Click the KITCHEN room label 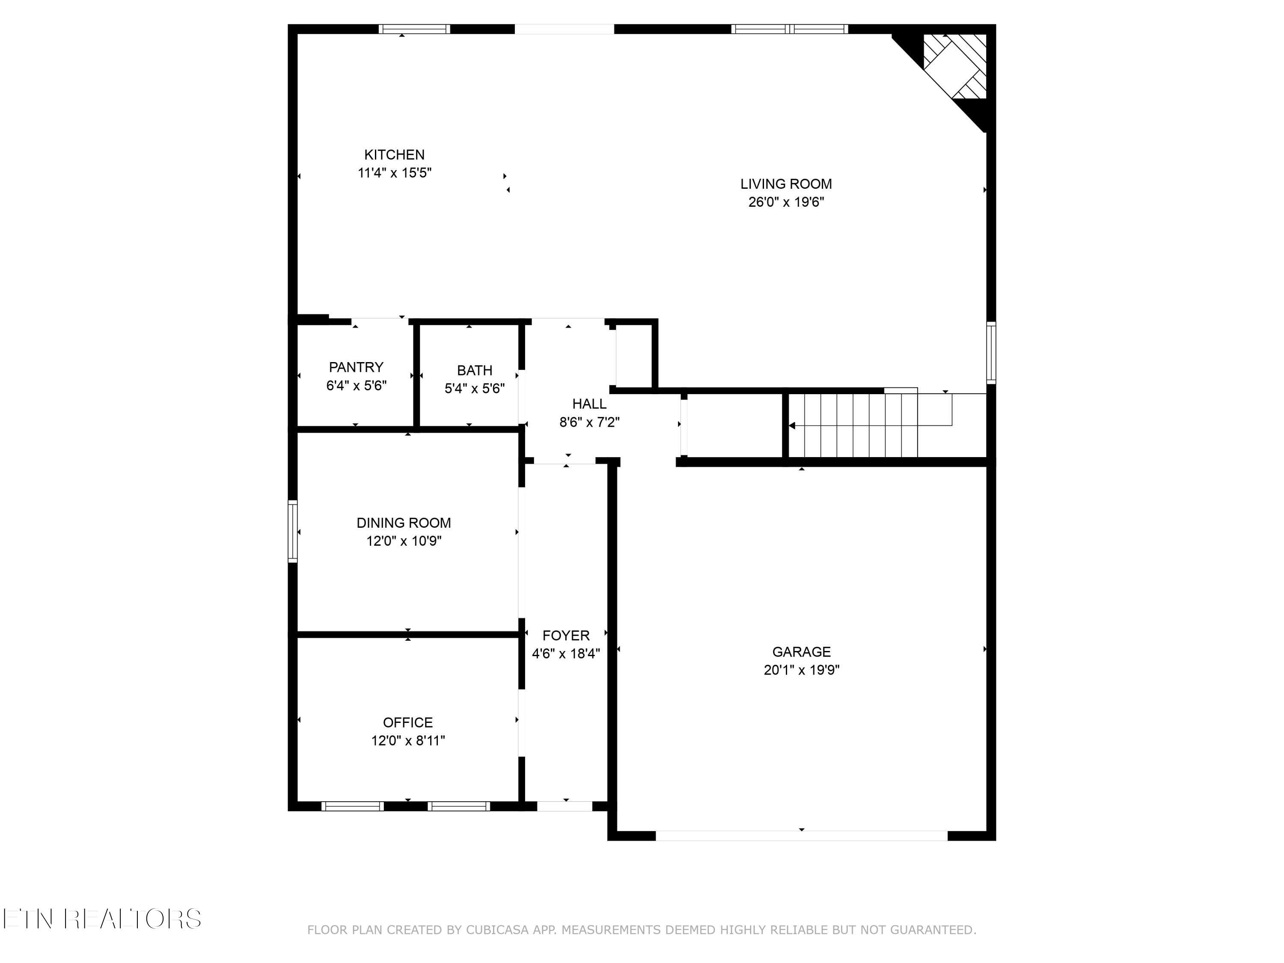point(394,155)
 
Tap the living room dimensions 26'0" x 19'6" point(786,202)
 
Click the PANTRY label point(356,367)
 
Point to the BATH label point(474,370)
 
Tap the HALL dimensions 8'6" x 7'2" point(589,422)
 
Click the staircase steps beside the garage point(853,426)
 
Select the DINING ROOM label point(404,523)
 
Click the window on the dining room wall point(293,531)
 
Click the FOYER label point(566,635)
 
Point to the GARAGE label point(801,651)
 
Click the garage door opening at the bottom point(801,835)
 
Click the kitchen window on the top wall point(414,29)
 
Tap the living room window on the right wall point(991,353)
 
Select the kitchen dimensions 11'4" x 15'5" point(394,172)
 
